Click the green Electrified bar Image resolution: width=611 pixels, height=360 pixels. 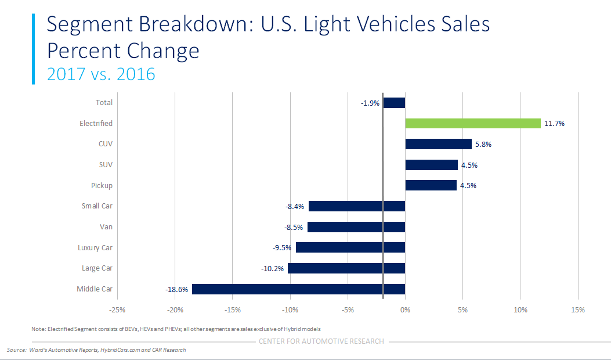pos(472,123)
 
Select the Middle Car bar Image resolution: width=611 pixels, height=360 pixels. pos(298,289)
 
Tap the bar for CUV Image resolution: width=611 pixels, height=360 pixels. pos(438,144)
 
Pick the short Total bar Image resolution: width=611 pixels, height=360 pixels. pos(394,103)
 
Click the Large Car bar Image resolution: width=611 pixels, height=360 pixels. pos(346,268)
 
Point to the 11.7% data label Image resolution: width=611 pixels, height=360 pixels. pos(555,124)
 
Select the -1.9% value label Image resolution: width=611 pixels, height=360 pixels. pos(370,103)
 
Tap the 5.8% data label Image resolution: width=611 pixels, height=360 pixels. pos(482,145)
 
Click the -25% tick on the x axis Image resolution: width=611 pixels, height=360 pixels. pos(118,310)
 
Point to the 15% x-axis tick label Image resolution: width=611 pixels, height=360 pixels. pos(577,310)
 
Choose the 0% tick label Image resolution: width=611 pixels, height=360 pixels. pos(405,310)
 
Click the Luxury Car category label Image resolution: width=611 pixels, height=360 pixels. pos(95,248)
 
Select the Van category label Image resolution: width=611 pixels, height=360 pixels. pos(106,227)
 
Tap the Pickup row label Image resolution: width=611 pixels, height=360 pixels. pos(102,186)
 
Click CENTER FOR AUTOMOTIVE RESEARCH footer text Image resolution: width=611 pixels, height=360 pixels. pos(321,341)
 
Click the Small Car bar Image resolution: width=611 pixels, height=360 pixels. pos(356,206)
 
